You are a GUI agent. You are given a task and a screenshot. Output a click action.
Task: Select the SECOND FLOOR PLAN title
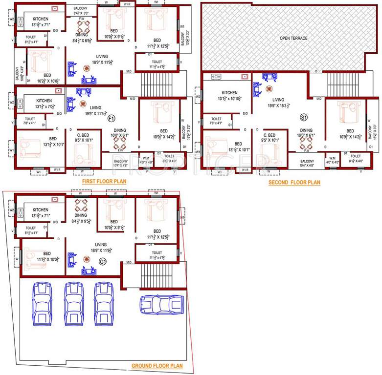[294, 183]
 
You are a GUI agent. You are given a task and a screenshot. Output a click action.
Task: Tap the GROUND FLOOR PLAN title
[157, 365]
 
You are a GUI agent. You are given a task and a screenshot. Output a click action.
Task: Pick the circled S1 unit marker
[303, 118]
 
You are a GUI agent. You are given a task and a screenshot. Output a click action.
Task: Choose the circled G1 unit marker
[103, 262]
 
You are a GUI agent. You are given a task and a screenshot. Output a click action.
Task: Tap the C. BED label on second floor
[269, 135]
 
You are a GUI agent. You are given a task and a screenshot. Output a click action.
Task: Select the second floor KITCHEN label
[229, 93]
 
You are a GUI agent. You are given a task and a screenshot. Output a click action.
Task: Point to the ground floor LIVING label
[101, 245]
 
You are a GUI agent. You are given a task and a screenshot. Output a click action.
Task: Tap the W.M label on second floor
[332, 158]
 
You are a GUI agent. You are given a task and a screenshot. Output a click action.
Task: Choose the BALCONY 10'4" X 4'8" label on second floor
[307, 164]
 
